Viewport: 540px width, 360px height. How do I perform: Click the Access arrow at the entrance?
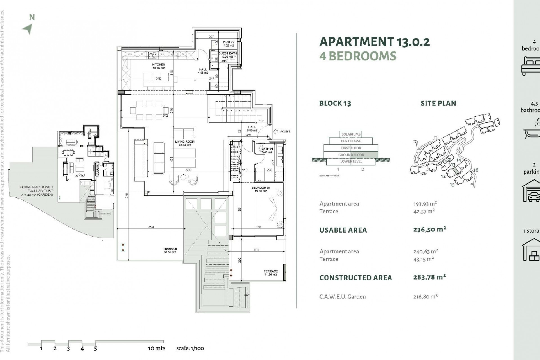pos(276,131)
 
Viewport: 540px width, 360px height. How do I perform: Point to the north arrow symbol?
pos(28,29)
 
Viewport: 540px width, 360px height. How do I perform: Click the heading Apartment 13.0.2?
pos(375,42)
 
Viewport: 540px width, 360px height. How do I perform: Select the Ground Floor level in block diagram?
pos(351,155)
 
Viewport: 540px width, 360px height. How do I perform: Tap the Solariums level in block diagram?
pos(351,134)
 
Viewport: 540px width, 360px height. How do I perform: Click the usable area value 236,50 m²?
pos(429,229)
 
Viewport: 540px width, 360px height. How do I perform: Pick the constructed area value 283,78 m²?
pos(429,277)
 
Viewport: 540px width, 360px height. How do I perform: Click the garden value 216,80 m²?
pos(425,296)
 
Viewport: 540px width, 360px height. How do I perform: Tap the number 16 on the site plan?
pos(476,170)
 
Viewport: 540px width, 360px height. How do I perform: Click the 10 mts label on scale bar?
pos(157,348)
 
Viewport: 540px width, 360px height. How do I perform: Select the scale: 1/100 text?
pos(190,348)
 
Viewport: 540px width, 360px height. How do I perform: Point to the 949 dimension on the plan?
pos(127,195)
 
